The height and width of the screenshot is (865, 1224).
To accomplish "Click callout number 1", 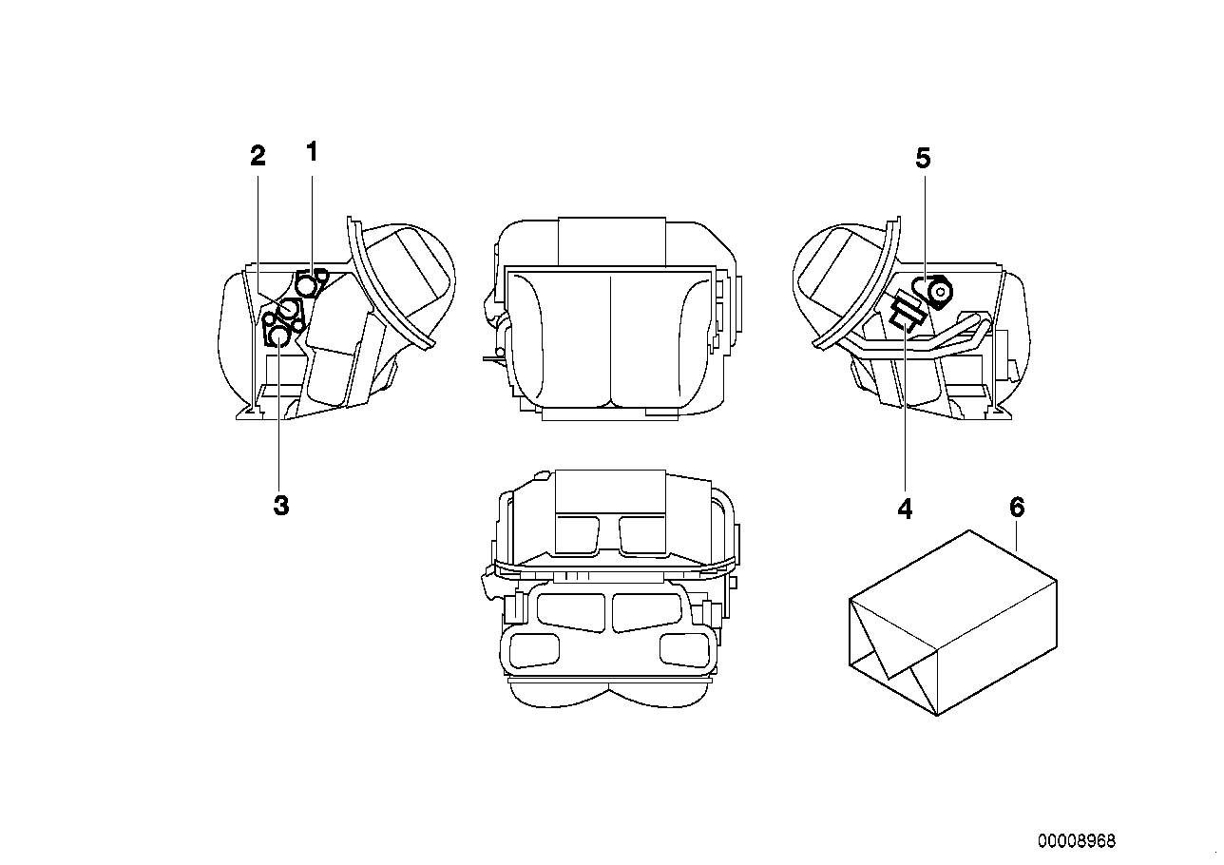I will tap(312, 151).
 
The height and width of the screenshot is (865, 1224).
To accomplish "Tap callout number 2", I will tap(258, 157).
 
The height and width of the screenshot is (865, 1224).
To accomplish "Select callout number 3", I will tap(280, 506).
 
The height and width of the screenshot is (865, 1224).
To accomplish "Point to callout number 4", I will tap(905, 509).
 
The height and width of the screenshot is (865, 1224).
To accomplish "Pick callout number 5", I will tap(923, 159).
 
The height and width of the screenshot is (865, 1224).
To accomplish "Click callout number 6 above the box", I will tap(1017, 508).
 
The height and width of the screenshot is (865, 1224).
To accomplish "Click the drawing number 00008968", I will tap(1077, 841).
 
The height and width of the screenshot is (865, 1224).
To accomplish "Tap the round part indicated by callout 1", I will tap(308, 283).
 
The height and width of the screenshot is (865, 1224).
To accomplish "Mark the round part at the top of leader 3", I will tap(277, 336).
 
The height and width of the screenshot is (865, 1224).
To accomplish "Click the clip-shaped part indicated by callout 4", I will tap(906, 313).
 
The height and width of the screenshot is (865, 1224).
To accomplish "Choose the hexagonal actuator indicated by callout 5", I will tap(940, 293).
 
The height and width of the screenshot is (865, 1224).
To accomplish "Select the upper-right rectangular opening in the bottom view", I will tap(644, 530).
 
